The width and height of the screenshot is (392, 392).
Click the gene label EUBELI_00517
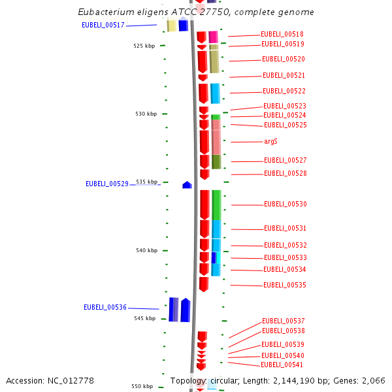[103, 25]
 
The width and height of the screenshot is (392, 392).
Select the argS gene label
[270, 141]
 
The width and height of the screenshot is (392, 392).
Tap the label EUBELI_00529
[106, 184]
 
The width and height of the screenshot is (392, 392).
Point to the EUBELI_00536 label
[105, 307]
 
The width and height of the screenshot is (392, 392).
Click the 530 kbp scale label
[146, 114]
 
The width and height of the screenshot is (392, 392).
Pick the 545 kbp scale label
[145, 318]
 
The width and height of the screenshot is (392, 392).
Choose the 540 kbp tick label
[146, 250]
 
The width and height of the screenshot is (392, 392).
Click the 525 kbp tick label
[144, 46]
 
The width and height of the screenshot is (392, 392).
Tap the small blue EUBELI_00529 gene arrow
[187, 185]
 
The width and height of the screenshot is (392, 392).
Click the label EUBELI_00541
[282, 365]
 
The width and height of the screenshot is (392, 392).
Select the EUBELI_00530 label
[285, 204]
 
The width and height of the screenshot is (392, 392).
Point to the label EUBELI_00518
[282, 34]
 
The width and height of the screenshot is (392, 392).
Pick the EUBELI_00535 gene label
[284, 285]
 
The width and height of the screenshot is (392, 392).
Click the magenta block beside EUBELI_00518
[213, 37]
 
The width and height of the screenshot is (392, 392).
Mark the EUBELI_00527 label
[285, 160]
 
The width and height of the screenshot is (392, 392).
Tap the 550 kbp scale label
[142, 386]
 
